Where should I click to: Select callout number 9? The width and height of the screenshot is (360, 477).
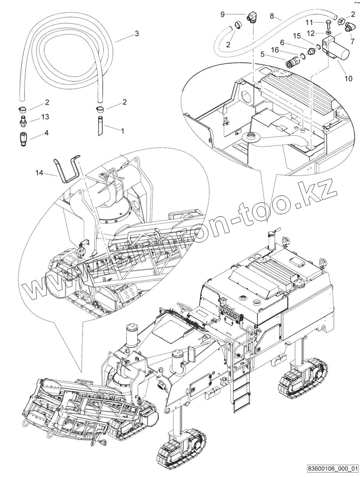coord(222,14)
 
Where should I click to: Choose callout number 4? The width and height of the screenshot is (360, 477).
coord(46,133)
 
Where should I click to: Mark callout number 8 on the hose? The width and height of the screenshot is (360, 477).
coord(272,16)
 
